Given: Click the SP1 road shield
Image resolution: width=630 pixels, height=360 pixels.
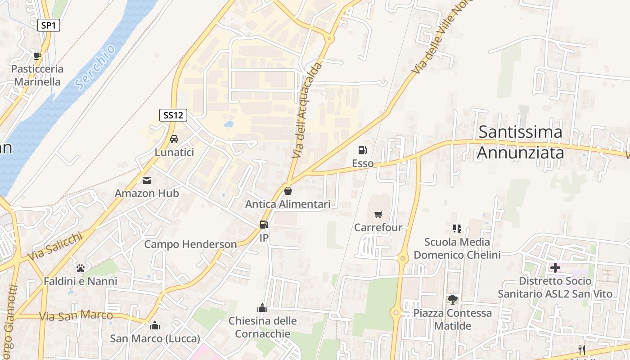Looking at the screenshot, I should [x=48, y=26].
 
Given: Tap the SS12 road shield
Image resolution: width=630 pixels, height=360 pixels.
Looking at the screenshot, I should [x=173, y=115].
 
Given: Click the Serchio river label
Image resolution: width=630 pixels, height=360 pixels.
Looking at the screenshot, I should [x=95, y=67].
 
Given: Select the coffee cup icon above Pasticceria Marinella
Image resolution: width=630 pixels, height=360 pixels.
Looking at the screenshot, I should [x=37, y=56].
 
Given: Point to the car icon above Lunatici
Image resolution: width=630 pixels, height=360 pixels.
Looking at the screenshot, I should [x=174, y=139].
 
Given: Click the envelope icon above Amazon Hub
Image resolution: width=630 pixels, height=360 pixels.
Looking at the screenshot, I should [x=147, y=180].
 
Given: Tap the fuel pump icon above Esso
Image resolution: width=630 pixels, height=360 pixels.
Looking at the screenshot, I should [x=362, y=150].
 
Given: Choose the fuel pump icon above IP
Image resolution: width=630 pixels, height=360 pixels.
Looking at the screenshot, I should [x=264, y=224].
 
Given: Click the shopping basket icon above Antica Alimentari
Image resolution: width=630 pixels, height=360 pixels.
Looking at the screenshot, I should [x=288, y=191].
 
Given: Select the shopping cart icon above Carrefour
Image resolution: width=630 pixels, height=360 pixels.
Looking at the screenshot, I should [x=378, y=215].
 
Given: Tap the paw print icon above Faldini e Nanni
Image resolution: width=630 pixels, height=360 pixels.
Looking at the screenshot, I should [x=81, y=268].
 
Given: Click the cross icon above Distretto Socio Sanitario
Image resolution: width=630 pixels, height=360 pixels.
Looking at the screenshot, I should [x=555, y=268].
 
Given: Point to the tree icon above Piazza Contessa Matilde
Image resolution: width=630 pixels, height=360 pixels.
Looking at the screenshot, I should [x=452, y=300].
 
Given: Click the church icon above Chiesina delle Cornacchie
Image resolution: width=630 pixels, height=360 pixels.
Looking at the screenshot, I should [x=262, y=308].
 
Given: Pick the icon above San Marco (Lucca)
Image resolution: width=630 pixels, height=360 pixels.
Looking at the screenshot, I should [x=155, y=325].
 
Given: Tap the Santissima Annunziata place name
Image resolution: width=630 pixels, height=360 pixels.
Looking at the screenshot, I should [x=520, y=142].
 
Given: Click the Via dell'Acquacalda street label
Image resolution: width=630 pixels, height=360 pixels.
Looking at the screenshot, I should [x=307, y=111].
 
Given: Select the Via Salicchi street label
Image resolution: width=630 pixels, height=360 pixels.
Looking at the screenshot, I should [x=55, y=246].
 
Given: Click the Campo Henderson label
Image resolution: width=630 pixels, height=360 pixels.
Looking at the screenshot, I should [x=190, y=244].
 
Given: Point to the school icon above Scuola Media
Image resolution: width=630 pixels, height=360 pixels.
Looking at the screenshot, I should [x=457, y=229].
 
